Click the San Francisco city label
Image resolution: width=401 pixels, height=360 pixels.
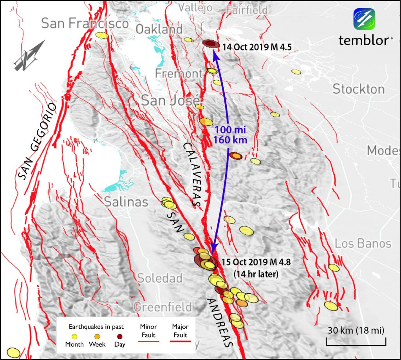pos(85,24)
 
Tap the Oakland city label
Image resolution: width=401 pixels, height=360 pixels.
pos(159,29)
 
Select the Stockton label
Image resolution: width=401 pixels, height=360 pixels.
pos(359,89)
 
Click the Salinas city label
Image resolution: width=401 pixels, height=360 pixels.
pos(126,202)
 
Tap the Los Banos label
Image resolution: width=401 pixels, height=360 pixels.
pos(363,244)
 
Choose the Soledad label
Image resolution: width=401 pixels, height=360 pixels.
pos(160,278)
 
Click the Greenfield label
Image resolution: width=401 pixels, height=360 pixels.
pos(163,306)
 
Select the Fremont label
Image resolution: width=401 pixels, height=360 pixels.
pos(178,73)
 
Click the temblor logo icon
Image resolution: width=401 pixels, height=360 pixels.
pos(365,19)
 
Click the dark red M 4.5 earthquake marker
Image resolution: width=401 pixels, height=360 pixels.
pos(211,43)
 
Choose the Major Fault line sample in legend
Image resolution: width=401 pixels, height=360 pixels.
pos(179,342)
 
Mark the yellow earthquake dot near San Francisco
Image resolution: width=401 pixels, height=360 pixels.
pos(101,35)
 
